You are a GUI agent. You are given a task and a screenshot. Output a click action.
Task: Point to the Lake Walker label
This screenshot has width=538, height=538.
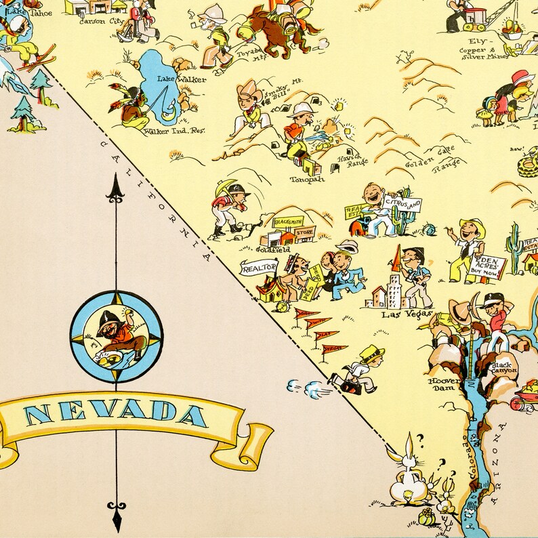click(x=173, y=79)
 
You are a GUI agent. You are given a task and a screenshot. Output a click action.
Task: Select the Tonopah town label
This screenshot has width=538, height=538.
click(x=307, y=179)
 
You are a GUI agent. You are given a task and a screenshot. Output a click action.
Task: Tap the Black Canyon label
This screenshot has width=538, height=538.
click(x=504, y=367)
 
